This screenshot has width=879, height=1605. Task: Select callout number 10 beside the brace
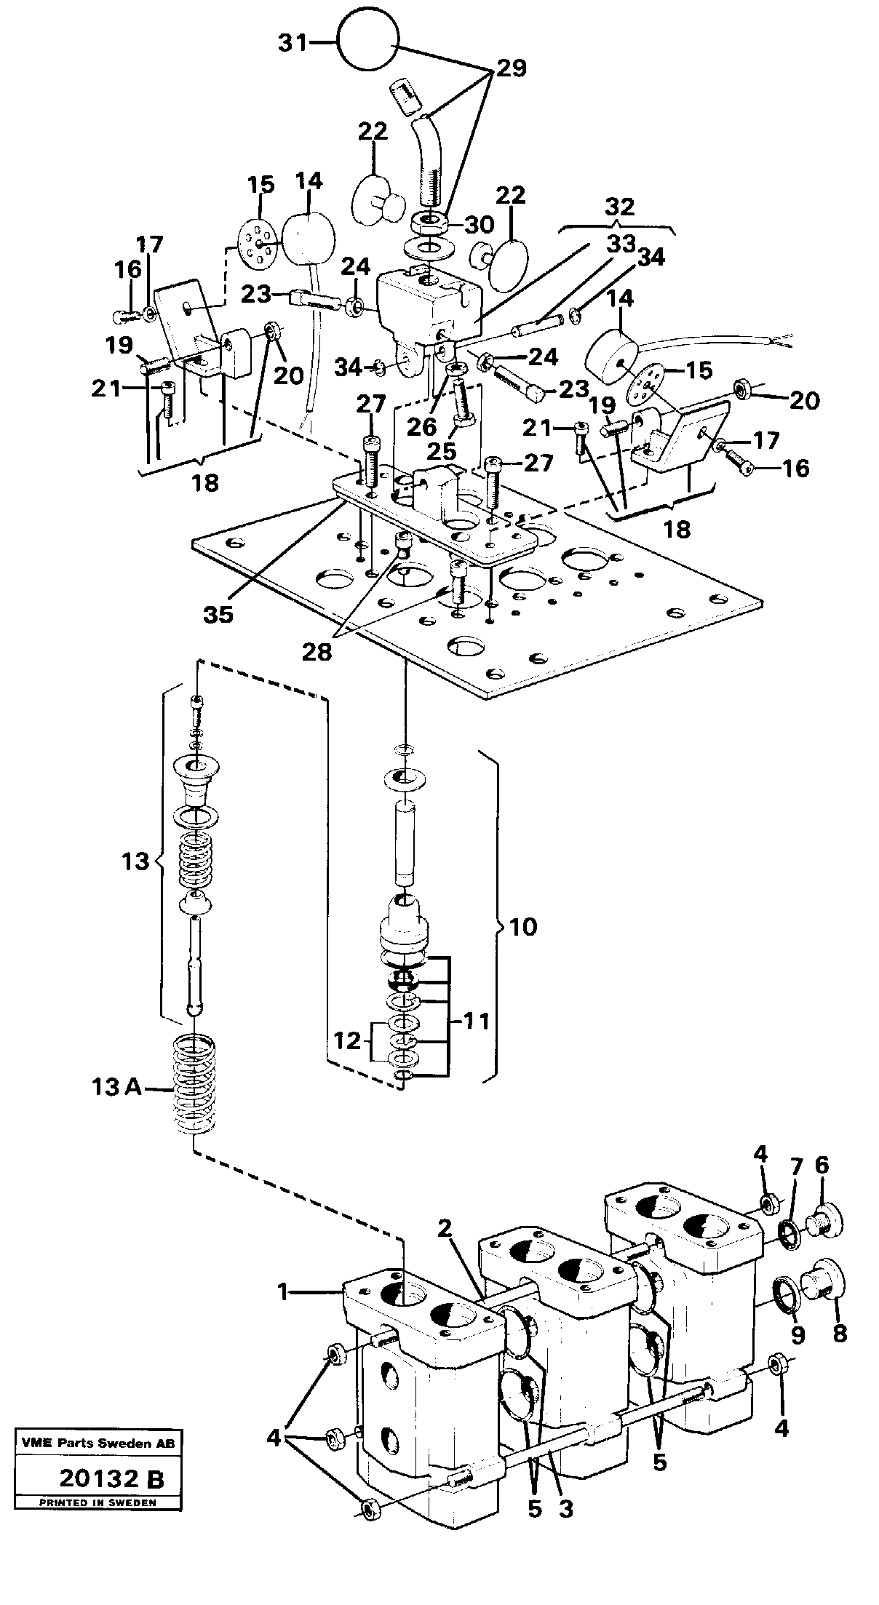pyautogui.click(x=524, y=927)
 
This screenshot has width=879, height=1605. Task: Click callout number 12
pyautogui.click(x=349, y=1041)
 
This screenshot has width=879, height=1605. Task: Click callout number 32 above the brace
pyautogui.click(x=619, y=207)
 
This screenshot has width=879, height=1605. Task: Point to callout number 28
pyautogui.click(x=318, y=652)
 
